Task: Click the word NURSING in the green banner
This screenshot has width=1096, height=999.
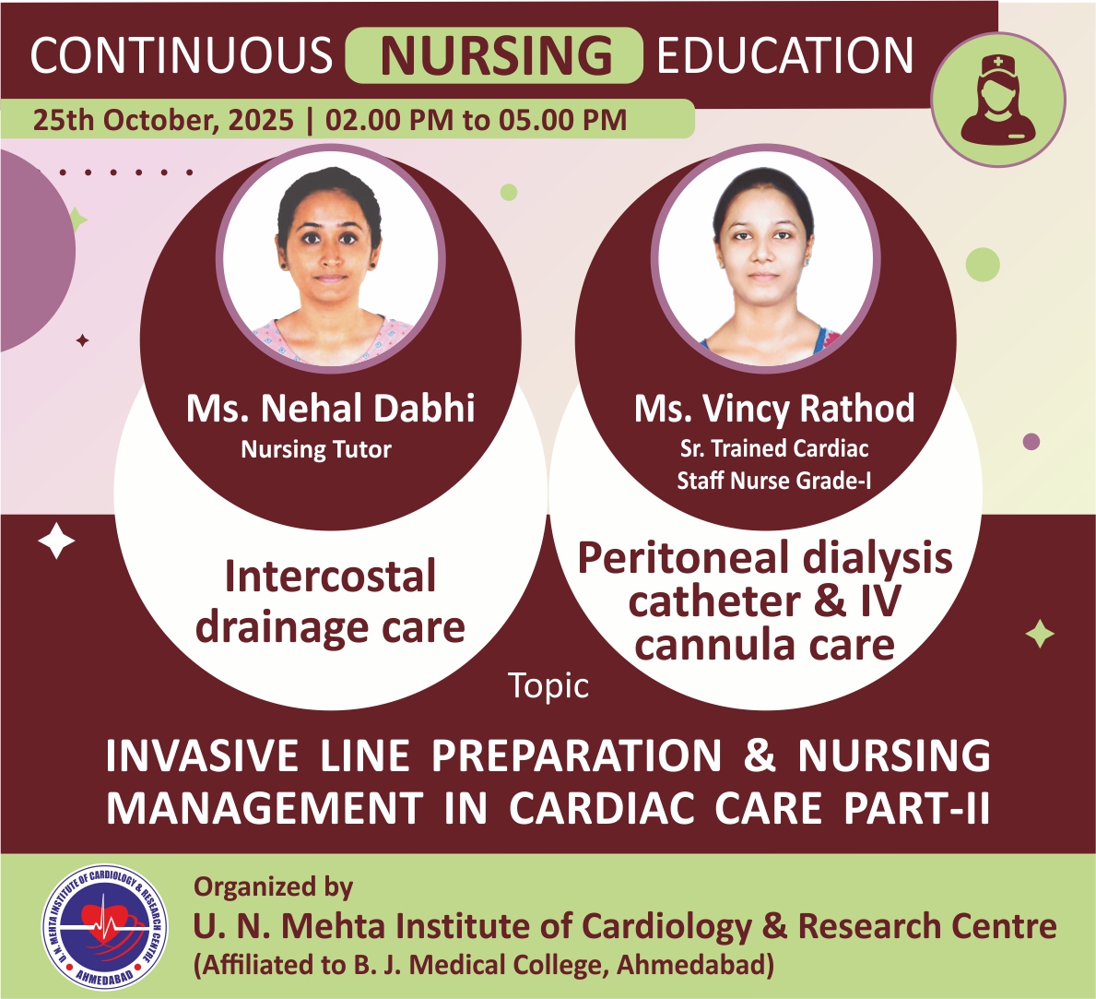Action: click(496, 55)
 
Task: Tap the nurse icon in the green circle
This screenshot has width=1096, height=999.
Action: click(998, 99)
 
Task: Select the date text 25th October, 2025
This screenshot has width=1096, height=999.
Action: click(163, 120)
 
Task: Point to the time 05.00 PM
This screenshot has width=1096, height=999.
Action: click(562, 120)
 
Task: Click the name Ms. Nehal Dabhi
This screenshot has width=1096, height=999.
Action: click(331, 408)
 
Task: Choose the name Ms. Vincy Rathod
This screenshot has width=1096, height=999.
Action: click(773, 408)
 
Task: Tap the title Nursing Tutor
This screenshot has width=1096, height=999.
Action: click(316, 449)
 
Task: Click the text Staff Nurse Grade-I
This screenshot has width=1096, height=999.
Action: click(773, 481)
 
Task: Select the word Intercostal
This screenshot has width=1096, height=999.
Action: click(331, 577)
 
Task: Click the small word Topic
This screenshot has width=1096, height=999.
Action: click(548, 685)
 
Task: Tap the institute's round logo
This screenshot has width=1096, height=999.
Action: click(105, 925)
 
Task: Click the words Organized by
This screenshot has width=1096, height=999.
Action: click(273, 887)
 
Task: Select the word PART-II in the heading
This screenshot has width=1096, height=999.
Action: click(916, 809)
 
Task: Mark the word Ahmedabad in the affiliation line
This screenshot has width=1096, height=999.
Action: click(691, 965)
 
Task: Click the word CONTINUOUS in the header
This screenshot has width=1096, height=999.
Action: click(181, 55)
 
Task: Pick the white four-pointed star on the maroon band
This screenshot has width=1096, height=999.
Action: click(56, 541)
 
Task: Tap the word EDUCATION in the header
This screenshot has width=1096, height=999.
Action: click(785, 55)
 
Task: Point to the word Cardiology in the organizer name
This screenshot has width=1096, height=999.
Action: click(666, 926)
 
